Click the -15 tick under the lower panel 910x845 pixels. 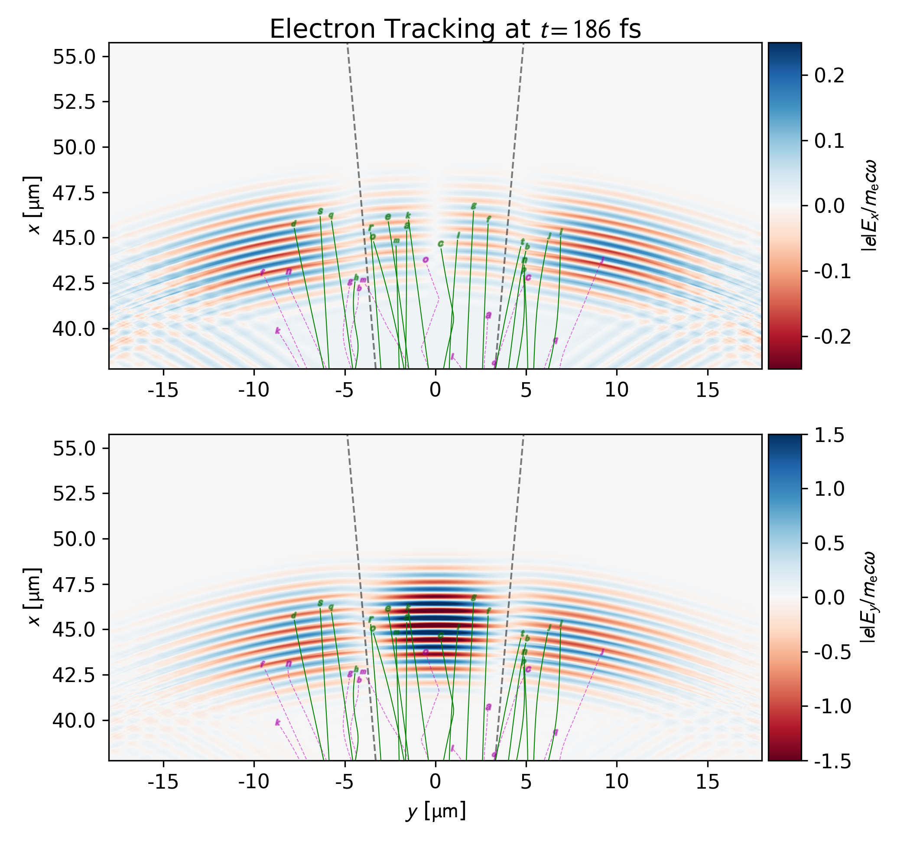tap(163, 782)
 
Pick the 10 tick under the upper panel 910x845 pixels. tap(617, 391)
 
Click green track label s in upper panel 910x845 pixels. tap(320, 211)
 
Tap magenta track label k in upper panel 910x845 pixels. tap(278, 331)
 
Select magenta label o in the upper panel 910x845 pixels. tap(426, 260)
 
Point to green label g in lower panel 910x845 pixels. tap(474, 597)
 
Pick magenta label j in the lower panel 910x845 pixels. tap(602, 652)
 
